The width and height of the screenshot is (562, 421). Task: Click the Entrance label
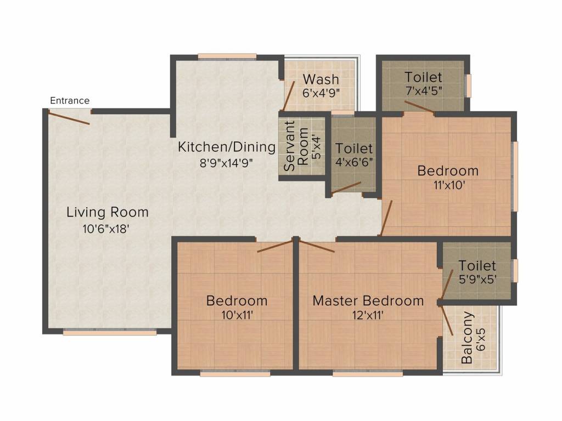coord(69,100)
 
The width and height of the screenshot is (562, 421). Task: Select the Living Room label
coord(108,212)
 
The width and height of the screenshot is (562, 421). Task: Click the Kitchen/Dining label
coord(226,147)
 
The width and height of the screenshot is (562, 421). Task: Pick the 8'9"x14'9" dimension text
coord(226,163)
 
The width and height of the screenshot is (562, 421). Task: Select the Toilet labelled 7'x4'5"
coord(423,77)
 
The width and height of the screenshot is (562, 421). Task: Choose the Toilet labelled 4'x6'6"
coord(354,149)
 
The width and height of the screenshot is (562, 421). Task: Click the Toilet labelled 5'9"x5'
coord(477,266)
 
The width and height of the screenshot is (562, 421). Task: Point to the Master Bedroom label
coord(368,300)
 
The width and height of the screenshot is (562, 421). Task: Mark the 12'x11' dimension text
coord(368,315)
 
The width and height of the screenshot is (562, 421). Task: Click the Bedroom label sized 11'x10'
coord(448,170)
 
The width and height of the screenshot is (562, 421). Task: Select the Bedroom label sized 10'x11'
coord(237,300)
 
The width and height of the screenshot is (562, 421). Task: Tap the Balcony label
coord(467,338)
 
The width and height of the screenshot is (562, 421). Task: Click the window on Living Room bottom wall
coord(110,331)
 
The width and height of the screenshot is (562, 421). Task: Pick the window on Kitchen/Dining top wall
coord(227,55)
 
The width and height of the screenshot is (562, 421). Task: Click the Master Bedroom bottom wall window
coord(367,373)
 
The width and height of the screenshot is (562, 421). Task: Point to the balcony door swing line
coord(447,321)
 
